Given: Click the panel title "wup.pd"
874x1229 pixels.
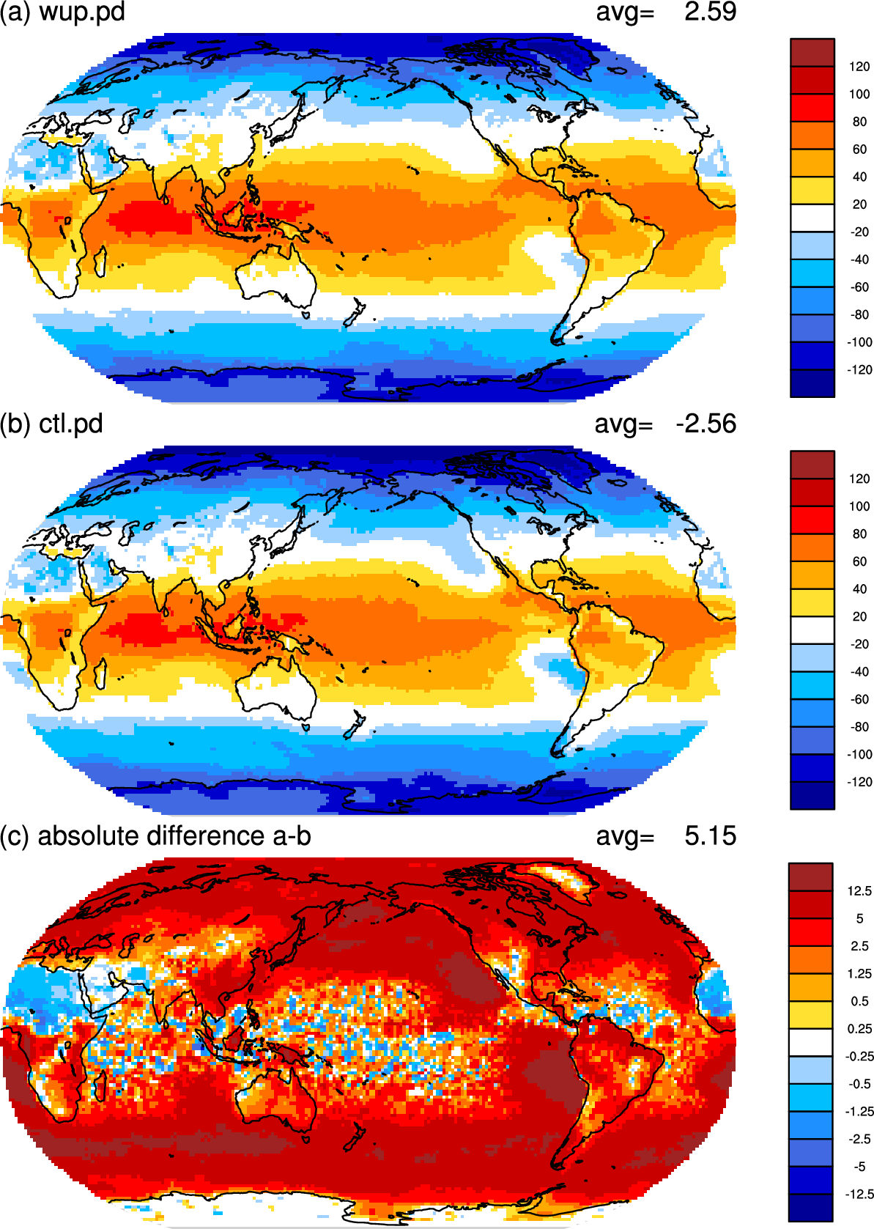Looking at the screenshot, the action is tap(82, 12).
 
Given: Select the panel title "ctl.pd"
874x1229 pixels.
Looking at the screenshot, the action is tap(71, 424).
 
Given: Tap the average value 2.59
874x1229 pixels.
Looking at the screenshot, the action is tap(710, 12).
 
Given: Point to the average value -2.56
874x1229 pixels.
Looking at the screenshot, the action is tap(706, 424).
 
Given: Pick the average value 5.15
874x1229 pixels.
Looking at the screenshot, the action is tap(710, 835).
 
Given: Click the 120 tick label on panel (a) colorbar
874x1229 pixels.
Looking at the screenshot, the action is tap(859, 67).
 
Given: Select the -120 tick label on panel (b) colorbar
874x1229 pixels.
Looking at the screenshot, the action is tap(859, 782).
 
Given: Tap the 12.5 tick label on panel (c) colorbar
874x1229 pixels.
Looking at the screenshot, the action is tap(860, 891).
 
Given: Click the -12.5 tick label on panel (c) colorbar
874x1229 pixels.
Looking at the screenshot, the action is tap(860, 1194).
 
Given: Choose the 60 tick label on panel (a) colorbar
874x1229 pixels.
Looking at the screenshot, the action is tap(859, 150).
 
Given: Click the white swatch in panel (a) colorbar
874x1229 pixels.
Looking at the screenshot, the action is tap(812, 218).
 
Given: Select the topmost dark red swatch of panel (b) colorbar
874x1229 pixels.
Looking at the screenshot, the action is tap(812, 465).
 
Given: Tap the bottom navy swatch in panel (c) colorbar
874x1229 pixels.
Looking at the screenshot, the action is tap(810, 1208).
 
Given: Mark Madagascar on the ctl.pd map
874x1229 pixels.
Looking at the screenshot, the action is tap(100, 673).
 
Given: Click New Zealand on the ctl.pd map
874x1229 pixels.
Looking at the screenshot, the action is tap(354, 723).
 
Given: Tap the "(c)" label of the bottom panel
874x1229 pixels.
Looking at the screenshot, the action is tap(15, 836).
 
